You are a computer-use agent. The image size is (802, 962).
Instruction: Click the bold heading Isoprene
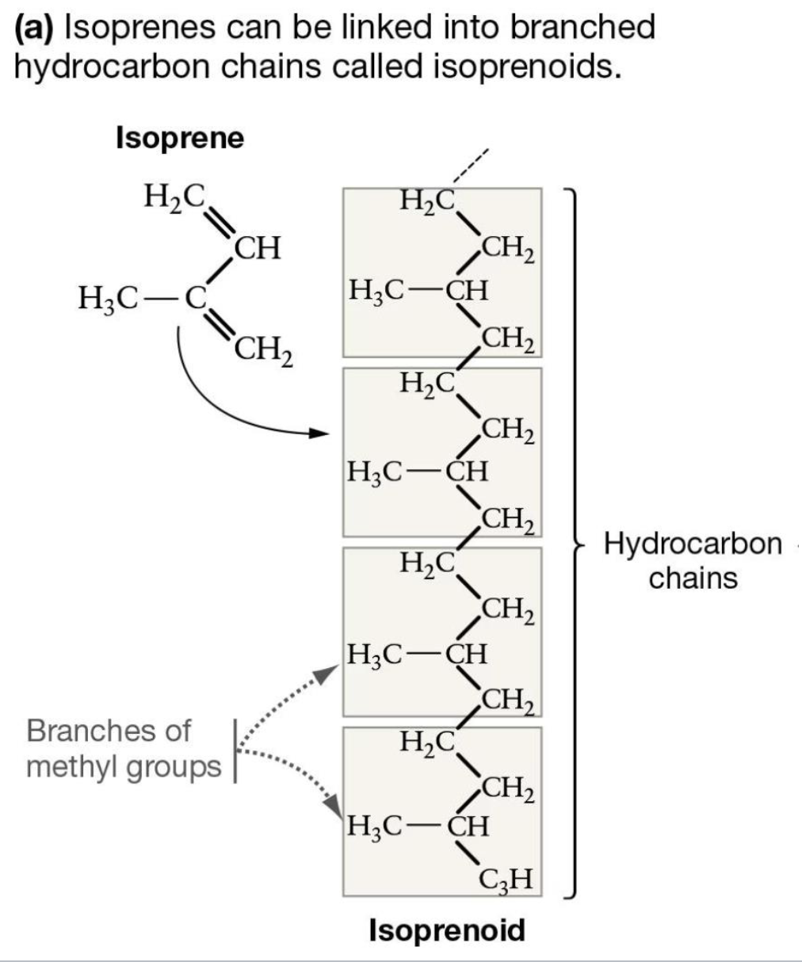click(x=180, y=138)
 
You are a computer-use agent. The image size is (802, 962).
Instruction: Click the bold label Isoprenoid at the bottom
click(x=447, y=929)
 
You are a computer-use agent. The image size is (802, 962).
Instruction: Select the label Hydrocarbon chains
click(x=693, y=561)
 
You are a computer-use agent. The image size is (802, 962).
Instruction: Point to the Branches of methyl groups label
click(x=123, y=749)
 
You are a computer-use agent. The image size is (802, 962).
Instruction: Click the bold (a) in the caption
click(x=35, y=28)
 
